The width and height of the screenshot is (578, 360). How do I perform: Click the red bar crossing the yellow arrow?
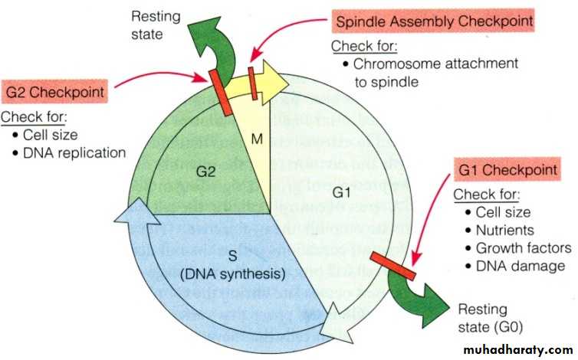coord(252,83)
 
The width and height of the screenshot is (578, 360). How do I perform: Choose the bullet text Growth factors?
coord(523,248)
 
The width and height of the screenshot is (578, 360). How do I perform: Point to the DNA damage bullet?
coord(519,266)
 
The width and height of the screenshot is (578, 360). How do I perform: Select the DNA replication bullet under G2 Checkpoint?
coord(74,152)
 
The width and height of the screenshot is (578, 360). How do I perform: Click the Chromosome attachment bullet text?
coord(434,64)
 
